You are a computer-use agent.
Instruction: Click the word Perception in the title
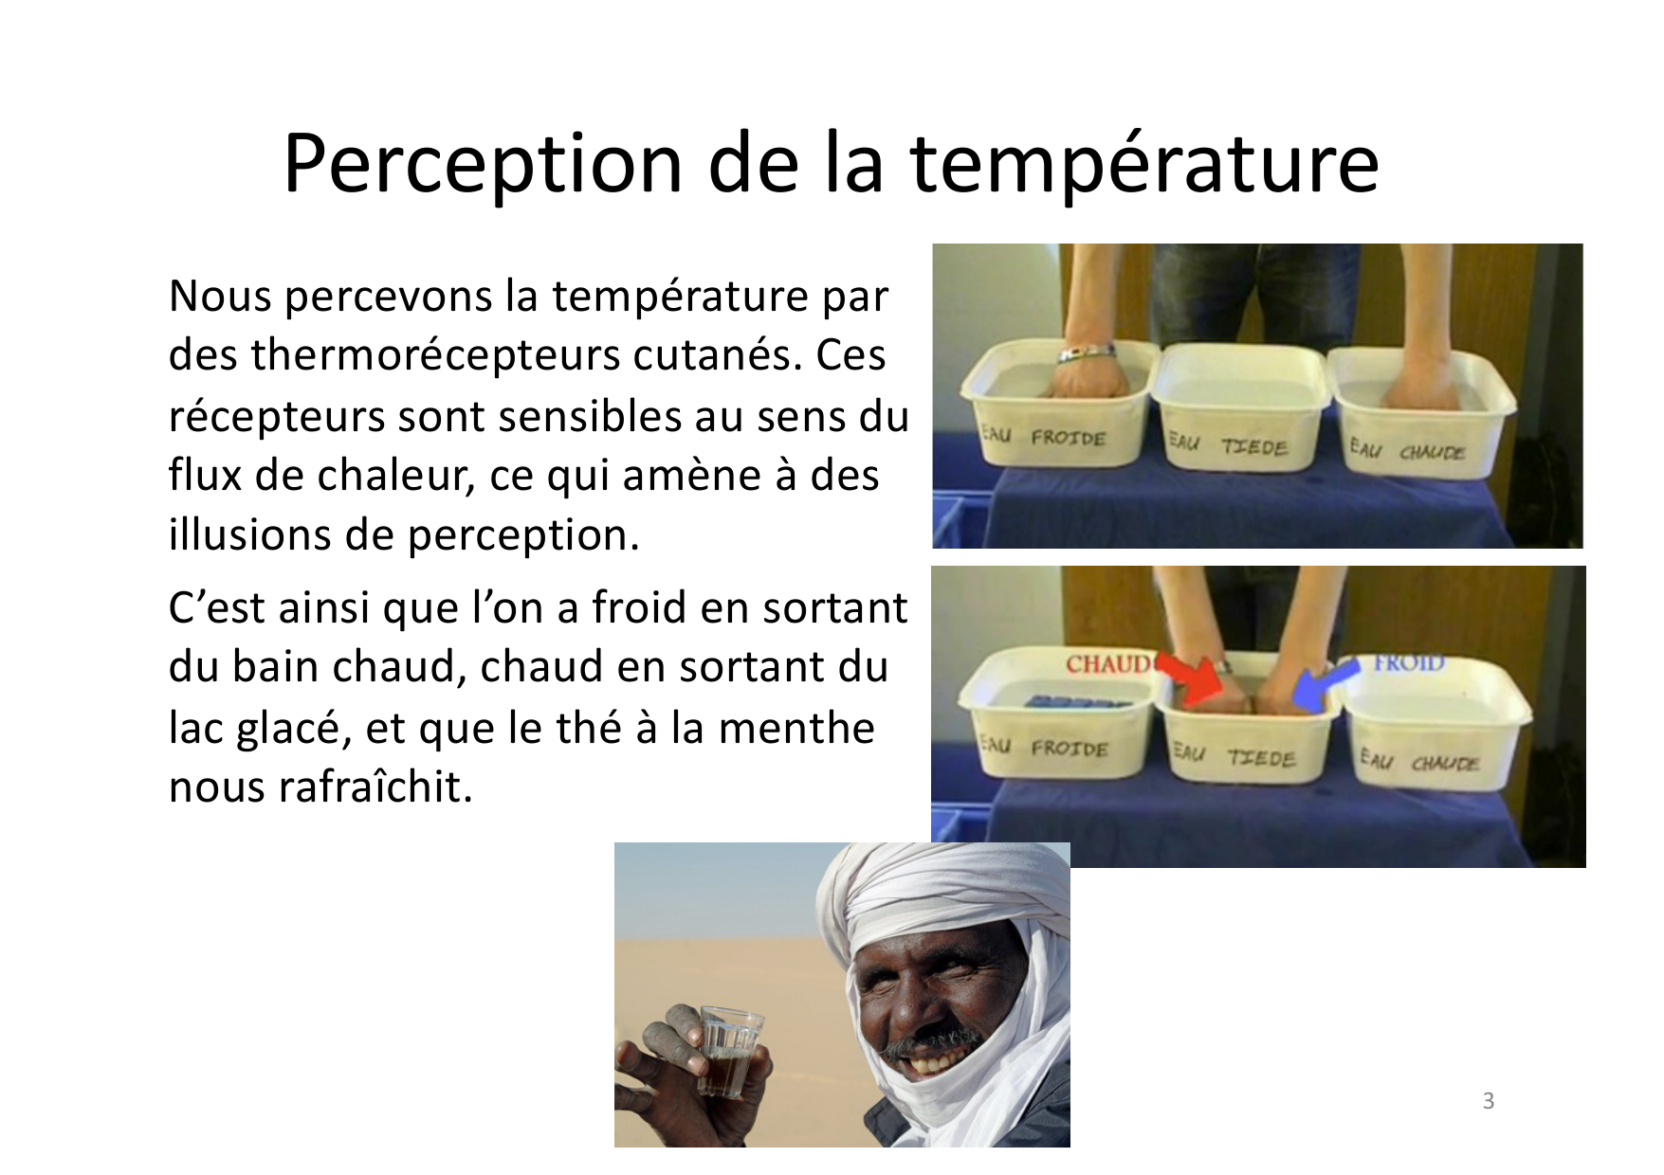483,165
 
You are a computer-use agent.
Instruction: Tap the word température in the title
1144,163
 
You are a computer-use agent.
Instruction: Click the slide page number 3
1489,1101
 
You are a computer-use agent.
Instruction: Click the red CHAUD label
1107,663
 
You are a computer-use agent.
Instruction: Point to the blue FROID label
1409,662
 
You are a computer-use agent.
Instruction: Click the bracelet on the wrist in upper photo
1087,353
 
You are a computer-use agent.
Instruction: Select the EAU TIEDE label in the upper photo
1227,444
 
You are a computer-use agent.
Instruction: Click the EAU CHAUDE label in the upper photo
1407,449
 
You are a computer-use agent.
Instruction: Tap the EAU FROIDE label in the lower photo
1044,747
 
